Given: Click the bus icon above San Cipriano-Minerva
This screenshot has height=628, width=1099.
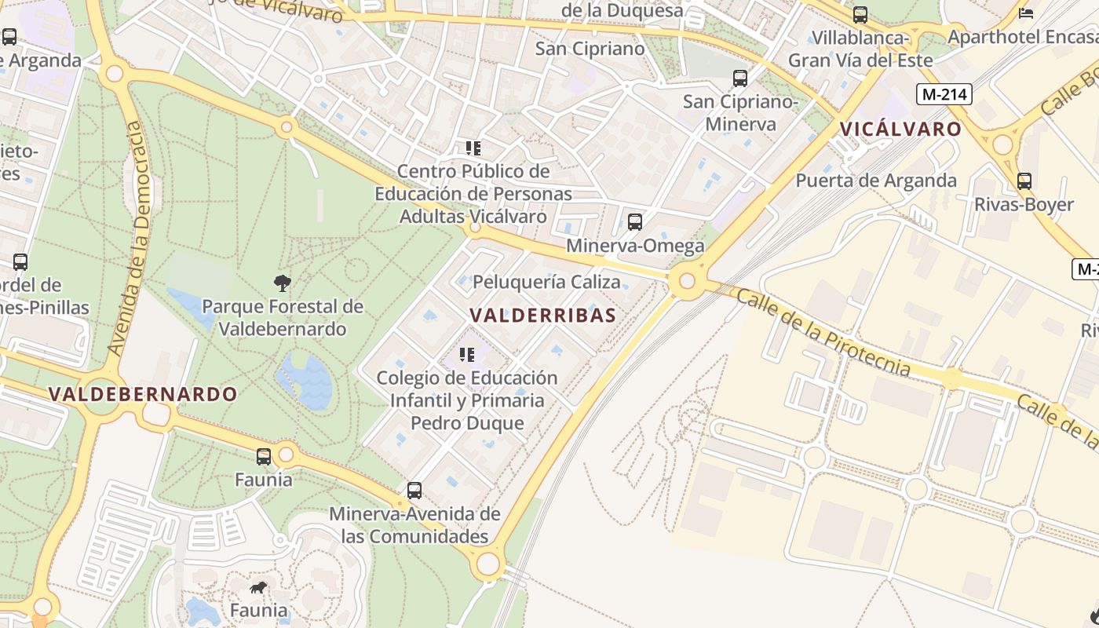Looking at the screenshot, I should tap(739, 78).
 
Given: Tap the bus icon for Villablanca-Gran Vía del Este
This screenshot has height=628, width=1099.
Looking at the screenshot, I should tap(860, 15).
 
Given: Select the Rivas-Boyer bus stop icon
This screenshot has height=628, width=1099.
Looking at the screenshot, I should tap(1024, 181).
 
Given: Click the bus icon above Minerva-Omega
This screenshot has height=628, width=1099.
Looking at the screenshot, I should tap(634, 222).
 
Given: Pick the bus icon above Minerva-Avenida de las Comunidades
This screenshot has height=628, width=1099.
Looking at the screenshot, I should tap(414, 491).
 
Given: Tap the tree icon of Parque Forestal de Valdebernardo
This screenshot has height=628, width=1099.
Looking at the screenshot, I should tap(283, 283).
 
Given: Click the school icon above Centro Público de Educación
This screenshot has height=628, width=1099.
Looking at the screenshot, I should tap(473, 148).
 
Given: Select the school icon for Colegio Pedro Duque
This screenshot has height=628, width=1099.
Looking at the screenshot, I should tap(467, 355).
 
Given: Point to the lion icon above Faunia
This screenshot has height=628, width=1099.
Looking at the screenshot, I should tap(258, 587).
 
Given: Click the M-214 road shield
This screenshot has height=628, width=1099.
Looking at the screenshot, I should tap(944, 94).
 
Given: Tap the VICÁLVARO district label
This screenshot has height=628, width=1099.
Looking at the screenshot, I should tap(900, 130).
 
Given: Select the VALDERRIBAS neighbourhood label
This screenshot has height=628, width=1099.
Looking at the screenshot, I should tap(542, 315).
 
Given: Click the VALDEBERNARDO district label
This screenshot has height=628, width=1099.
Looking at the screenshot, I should tap(143, 394).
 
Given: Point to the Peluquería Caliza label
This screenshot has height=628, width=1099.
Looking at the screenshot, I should tap(546, 282).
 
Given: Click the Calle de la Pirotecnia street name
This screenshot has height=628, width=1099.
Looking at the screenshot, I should tap(823, 332).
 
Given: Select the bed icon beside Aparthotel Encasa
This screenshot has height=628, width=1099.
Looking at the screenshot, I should tap(1025, 13).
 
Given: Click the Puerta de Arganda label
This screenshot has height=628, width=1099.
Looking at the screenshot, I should tap(876, 181).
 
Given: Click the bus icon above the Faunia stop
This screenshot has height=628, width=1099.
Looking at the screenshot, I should tap(264, 456).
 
